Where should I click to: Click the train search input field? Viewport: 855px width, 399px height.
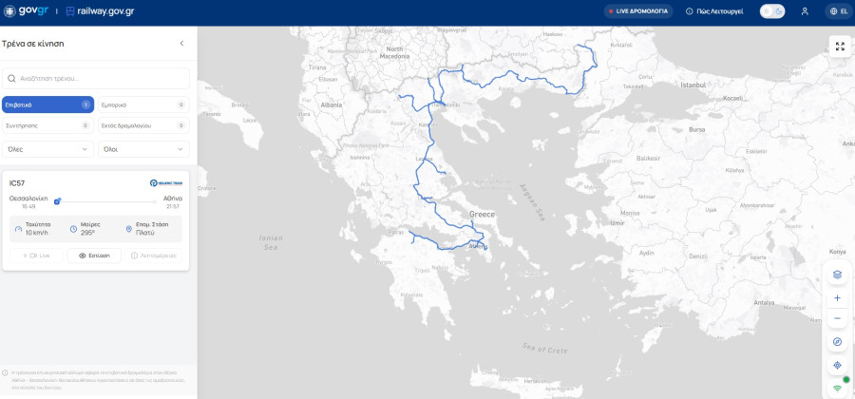[x=95, y=78]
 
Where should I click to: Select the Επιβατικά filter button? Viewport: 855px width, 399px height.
[x=47, y=104]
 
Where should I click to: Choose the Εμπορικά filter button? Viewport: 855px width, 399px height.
[x=142, y=104]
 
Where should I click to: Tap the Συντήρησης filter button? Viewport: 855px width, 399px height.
[x=47, y=125]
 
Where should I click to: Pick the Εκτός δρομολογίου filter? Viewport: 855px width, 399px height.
[x=142, y=125]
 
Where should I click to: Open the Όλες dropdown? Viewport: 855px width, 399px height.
[x=47, y=149]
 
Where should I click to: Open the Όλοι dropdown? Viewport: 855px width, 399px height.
[x=142, y=149]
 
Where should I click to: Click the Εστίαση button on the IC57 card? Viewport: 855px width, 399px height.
[x=94, y=256]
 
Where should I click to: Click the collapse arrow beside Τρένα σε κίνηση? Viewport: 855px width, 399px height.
[x=181, y=44]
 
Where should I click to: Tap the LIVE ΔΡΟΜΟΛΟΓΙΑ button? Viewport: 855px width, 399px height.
[x=638, y=11]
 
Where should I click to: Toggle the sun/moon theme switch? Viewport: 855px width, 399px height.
[x=772, y=11]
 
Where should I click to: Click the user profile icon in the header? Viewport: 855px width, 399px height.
[x=805, y=11]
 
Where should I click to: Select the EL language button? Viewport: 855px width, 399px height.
[x=839, y=11]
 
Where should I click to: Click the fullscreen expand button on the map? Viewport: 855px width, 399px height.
[x=839, y=46]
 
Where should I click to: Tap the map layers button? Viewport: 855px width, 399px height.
[x=837, y=275]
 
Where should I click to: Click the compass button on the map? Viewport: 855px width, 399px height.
[x=837, y=342]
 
